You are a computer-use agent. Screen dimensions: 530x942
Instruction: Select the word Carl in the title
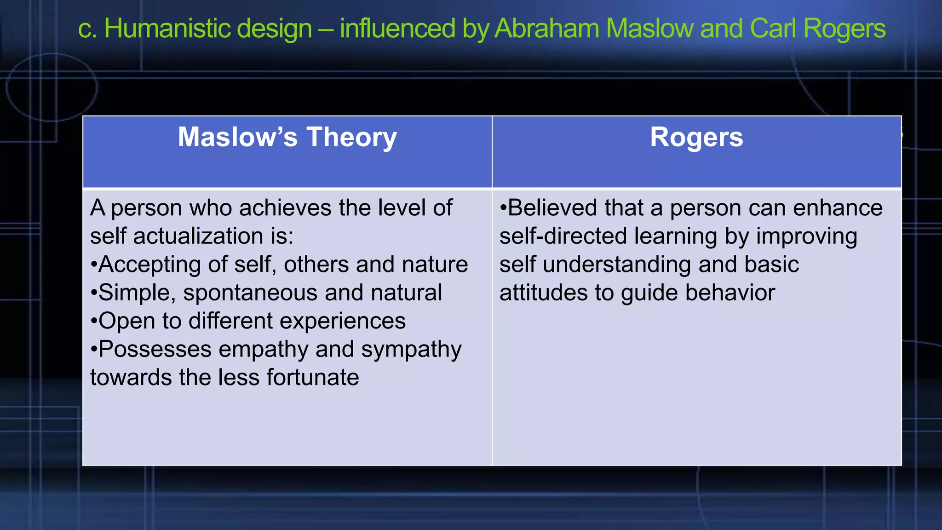point(773,29)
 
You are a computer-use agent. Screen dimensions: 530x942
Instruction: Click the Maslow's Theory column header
point(287,137)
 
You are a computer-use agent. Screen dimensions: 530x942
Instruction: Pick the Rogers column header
point(696,137)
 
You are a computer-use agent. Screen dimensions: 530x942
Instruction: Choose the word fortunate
point(313,378)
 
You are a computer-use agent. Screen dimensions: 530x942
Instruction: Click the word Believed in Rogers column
point(552,208)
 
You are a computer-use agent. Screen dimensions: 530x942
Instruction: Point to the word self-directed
point(563,236)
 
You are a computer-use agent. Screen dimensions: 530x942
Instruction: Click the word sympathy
point(411,350)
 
